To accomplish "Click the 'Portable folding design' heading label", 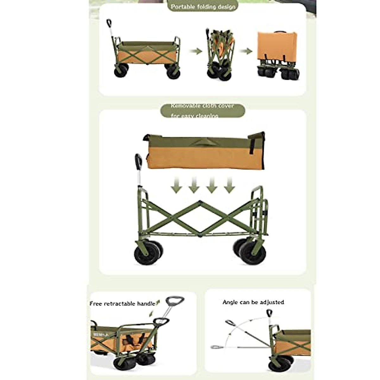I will point(203,7).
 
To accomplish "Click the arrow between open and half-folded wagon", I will point(196,51).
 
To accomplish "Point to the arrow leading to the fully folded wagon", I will point(246,51).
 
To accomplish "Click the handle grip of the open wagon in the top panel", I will point(109,23).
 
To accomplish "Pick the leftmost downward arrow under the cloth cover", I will point(176,186).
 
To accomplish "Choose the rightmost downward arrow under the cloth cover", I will point(229,186).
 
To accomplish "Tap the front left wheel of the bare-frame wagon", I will point(147,254).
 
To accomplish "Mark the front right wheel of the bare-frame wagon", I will point(252,252).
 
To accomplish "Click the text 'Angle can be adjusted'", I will point(253,302).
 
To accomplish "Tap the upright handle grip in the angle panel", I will point(269,313).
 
